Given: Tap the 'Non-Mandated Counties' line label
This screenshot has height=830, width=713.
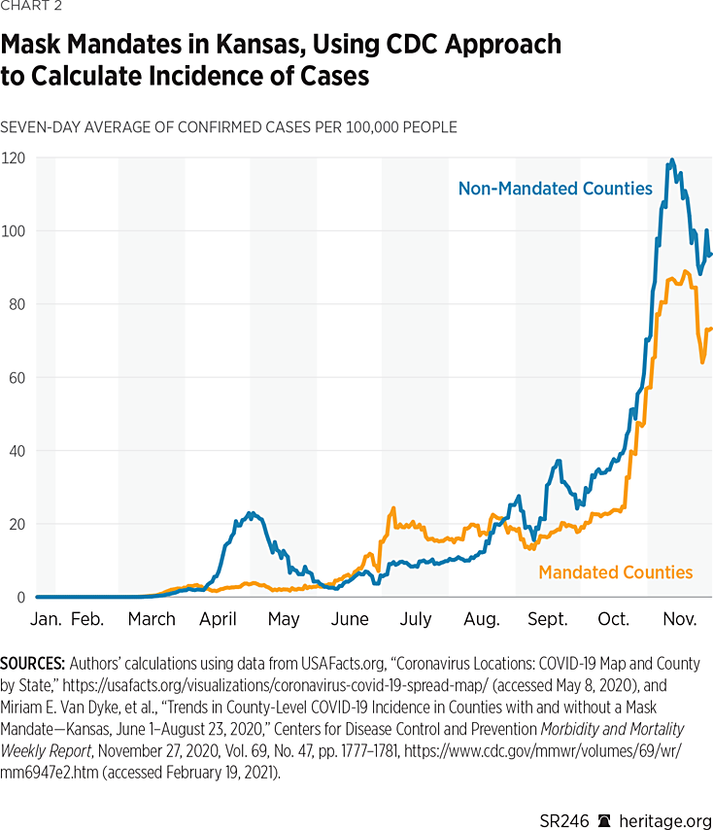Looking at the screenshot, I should [555, 189].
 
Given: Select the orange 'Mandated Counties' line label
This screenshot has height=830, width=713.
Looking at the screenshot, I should [615, 572].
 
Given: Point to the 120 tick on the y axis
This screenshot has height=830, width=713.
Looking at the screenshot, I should [14, 157].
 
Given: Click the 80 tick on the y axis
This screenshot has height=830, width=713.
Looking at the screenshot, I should [17, 304].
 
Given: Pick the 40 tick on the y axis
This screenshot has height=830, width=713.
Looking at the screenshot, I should [17, 451].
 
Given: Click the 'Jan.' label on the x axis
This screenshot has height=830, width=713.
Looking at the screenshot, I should [48, 619].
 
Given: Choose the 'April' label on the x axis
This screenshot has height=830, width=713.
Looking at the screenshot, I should [219, 619].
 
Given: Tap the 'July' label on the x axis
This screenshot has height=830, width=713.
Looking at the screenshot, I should [416, 619].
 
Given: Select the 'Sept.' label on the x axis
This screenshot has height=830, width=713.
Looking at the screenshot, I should [548, 619].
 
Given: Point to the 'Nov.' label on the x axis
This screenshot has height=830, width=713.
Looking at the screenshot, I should [680, 619].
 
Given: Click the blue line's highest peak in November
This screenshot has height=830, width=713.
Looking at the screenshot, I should [671, 160].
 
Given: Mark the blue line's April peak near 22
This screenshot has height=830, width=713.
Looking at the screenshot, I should [251, 512].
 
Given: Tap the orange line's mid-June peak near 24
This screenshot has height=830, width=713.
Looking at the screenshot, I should [392, 507].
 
